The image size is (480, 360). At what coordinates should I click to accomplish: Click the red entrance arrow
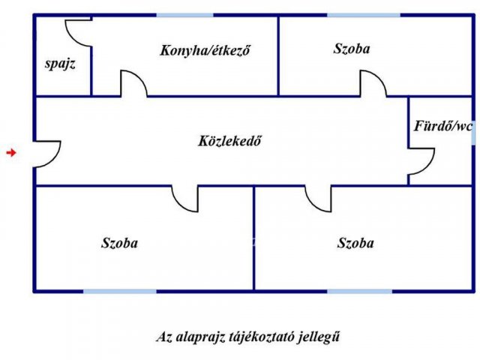tap(11, 152)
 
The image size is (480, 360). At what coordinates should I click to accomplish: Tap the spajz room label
tap(60, 64)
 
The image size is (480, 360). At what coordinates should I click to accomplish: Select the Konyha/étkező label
tap(205, 50)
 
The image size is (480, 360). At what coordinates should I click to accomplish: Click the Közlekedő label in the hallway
tap(229, 141)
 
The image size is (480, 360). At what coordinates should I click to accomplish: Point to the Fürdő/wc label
tap(443, 126)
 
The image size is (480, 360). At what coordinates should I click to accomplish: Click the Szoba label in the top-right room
tap(352, 48)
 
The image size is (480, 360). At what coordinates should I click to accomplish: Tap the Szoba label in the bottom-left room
tap(119, 243)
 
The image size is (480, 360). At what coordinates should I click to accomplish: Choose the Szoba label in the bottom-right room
tap(355, 243)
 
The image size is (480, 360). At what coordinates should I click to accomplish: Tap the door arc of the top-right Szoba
tap(380, 78)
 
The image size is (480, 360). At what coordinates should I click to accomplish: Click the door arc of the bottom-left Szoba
tap(178, 205)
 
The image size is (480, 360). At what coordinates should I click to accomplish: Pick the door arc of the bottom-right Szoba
tap(312, 205)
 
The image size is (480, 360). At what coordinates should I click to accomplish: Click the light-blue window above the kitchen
tap(185, 15)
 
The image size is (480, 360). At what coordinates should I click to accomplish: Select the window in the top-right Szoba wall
tap(364, 15)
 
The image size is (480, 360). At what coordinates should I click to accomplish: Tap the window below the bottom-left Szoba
tap(120, 291)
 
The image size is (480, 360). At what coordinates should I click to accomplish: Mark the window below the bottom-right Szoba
tap(360, 291)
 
